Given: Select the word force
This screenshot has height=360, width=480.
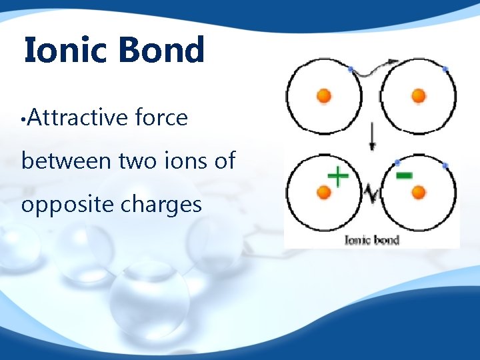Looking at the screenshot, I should pyautogui.click(x=161, y=118).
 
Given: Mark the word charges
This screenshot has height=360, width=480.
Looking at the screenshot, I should pyautogui.click(x=162, y=204).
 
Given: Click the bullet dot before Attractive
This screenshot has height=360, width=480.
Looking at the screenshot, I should pyautogui.click(x=23, y=121).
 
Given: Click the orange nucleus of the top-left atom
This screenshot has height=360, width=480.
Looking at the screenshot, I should pyautogui.click(x=323, y=96).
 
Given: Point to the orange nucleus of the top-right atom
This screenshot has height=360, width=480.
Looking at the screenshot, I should pyautogui.click(x=419, y=96).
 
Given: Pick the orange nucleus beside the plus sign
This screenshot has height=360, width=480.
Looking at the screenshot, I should pyautogui.click(x=323, y=193).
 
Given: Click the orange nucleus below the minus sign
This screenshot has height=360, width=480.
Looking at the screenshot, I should pyautogui.click(x=419, y=193).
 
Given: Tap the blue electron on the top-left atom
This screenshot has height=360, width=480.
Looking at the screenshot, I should pyautogui.click(x=351, y=69).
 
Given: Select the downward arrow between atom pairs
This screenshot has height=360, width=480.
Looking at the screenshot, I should pyautogui.click(x=371, y=137).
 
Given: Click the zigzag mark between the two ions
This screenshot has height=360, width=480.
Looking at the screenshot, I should pyautogui.click(x=371, y=193).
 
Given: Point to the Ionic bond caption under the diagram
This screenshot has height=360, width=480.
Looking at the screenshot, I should pyautogui.click(x=371, y=239).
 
